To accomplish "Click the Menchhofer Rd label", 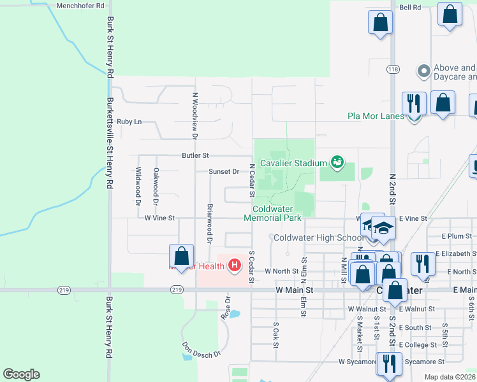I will tap(80, 6).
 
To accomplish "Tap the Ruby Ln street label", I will tap(129, 121).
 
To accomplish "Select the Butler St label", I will tap(195, 155).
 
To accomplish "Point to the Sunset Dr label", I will tap(223, 171).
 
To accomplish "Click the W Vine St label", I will tap(159, 218).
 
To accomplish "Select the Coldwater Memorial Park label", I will tap(276, 213).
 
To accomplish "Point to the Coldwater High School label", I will tap(318, 238).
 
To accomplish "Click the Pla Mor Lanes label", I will tap(376, 116).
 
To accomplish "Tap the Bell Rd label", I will tap(410, 8).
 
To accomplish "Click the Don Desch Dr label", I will tap(202, 350).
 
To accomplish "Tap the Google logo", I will tap(21, 374).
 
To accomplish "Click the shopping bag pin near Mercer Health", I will tap(182, 257).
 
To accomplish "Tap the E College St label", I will tap(415, 345).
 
